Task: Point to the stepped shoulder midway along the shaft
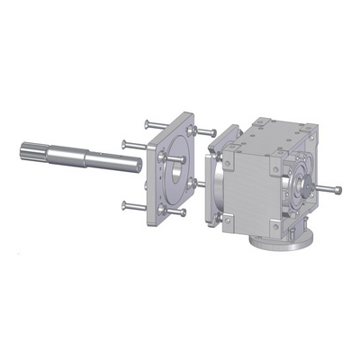coord(85,157)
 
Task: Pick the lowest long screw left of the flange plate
coord(135,206)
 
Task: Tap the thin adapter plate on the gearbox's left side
coord(214,189)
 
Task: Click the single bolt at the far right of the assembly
coord(329,190)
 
